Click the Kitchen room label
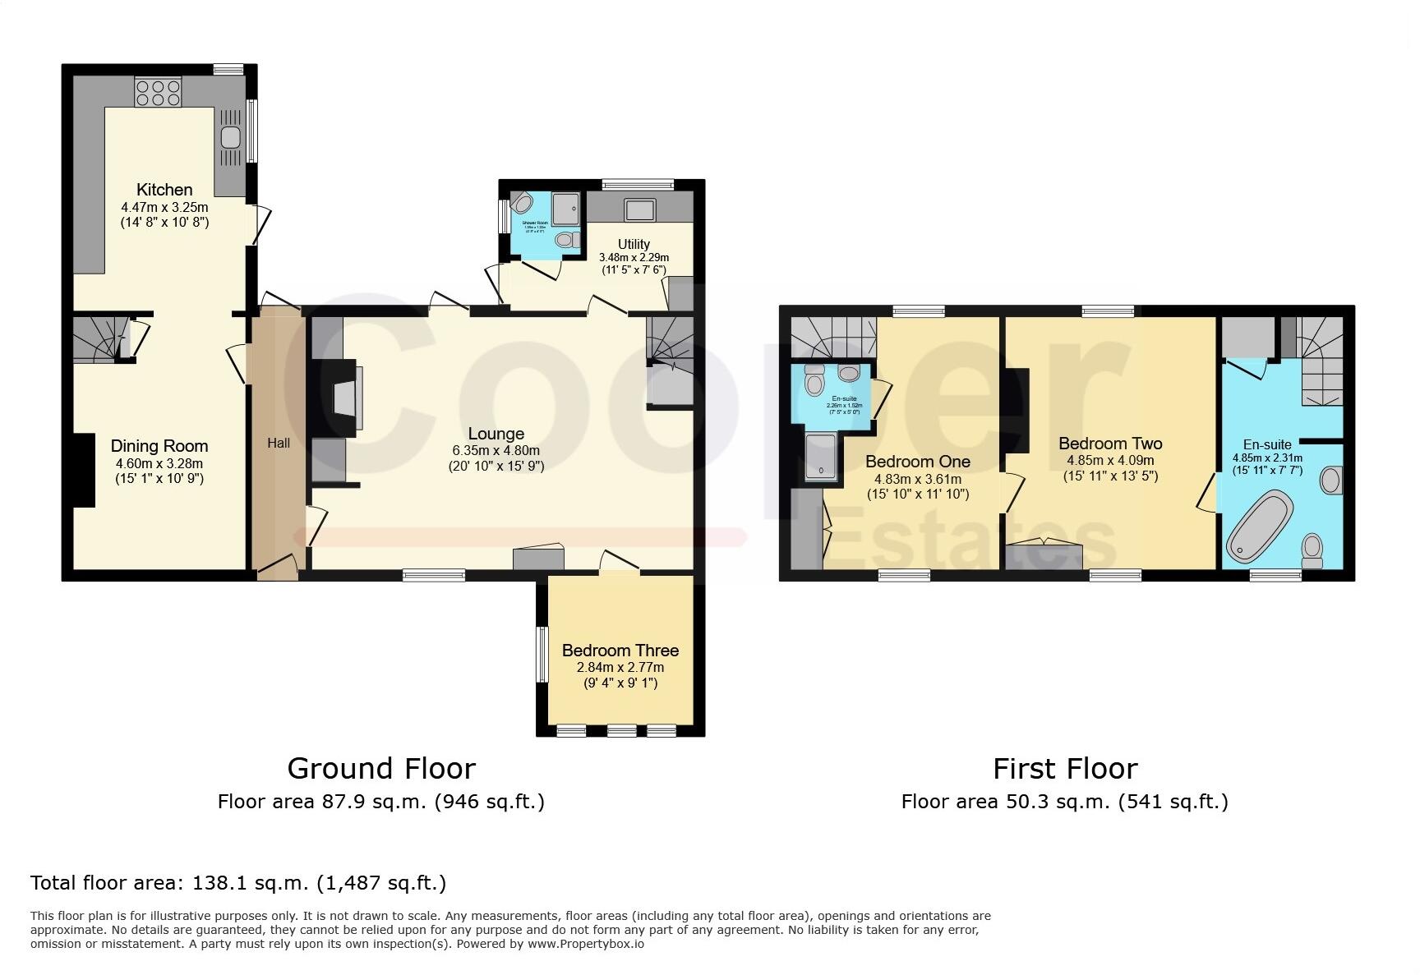pos(164,190)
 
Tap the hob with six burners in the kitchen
pos(158,91)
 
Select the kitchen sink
pos(230,137)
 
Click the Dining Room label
pos(159,446)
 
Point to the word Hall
pos(279,444)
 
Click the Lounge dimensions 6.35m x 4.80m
pos(496,450)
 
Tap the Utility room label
pos(634,244)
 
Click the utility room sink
pos(639,209)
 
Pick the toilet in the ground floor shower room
pos(565,240)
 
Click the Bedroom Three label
pos(620,651)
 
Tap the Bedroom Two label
pos(1110,444)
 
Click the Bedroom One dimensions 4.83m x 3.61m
pos(918,479)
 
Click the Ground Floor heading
pos(381,769)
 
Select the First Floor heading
pos(1065,769)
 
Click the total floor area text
pos(238,883)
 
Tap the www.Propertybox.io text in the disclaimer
pos(585,944)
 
